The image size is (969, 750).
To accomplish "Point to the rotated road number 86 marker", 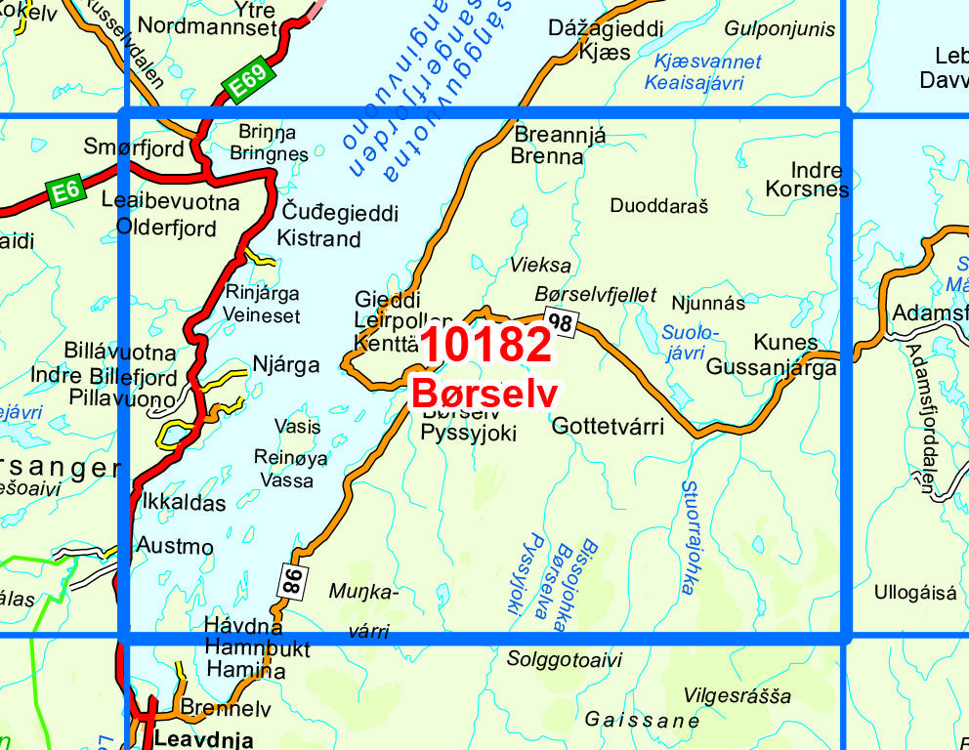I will click(290, 580).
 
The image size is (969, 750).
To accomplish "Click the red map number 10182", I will click(487, 345).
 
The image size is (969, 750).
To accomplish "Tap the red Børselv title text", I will click(484, 394).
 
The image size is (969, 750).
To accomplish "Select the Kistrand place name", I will click(318, 238).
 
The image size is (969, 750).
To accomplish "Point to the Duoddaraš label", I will click(658, 205).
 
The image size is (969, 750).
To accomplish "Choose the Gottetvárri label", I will click(608, 426).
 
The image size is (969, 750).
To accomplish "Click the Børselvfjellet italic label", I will click(596, 295).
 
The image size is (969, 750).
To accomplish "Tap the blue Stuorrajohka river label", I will click(689, 536).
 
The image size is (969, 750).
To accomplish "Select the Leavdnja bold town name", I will click(204, 739).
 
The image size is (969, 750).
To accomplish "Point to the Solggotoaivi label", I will click(564, 659).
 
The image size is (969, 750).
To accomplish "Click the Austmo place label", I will click(175, 545).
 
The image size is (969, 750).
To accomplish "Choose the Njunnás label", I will click(708, 304).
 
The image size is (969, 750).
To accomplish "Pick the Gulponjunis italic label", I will click(780, 29).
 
